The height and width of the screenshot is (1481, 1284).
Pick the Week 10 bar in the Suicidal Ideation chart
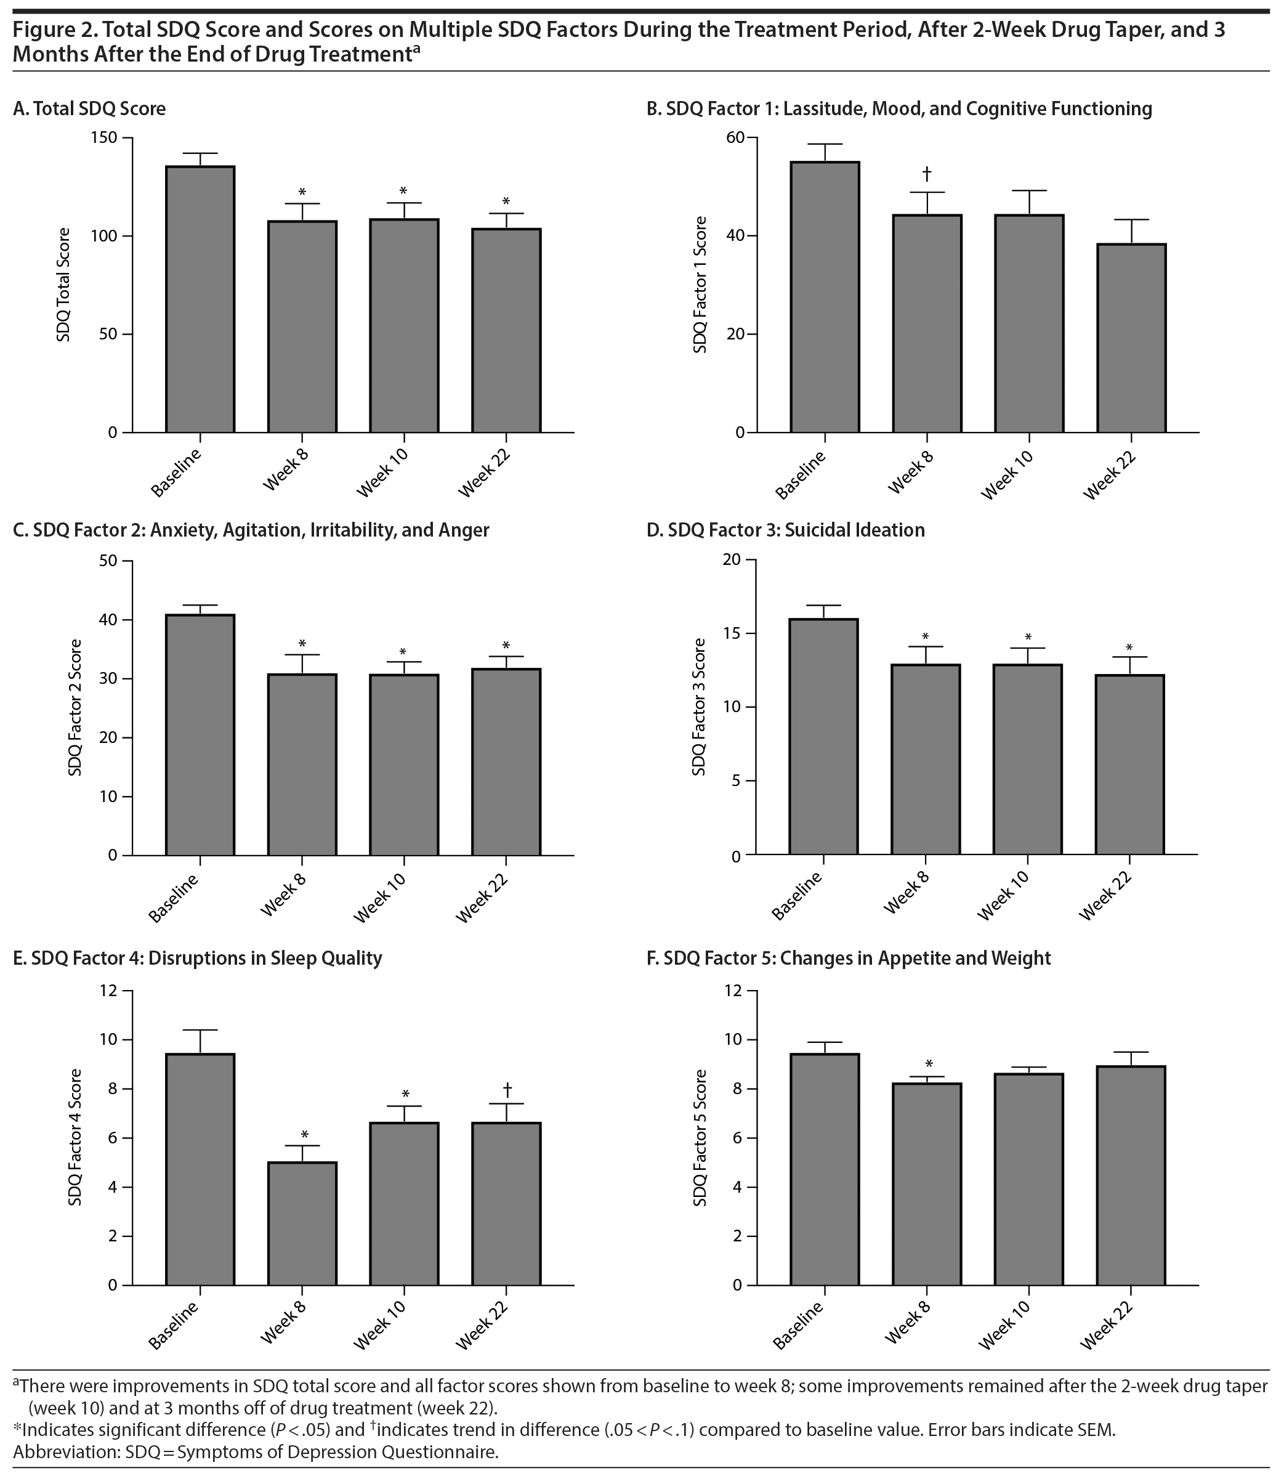pyautogui.click(x=1027, y=759)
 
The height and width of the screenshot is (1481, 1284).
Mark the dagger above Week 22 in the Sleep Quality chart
pyautogui.click(x=507, y=1090)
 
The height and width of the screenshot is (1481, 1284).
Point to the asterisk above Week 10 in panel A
pyautogui.click(x=403, y=192)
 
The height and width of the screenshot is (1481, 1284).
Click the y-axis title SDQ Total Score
pyautogui.click(x=64, y=285)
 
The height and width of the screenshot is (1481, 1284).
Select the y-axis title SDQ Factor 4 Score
pyautogui.click(x=75, y=1138)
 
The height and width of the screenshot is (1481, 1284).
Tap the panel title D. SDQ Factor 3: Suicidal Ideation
pyautogui.click(x=785, y=530)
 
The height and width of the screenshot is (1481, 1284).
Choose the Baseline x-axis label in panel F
pyautogui.click(x=799, y=1325)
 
